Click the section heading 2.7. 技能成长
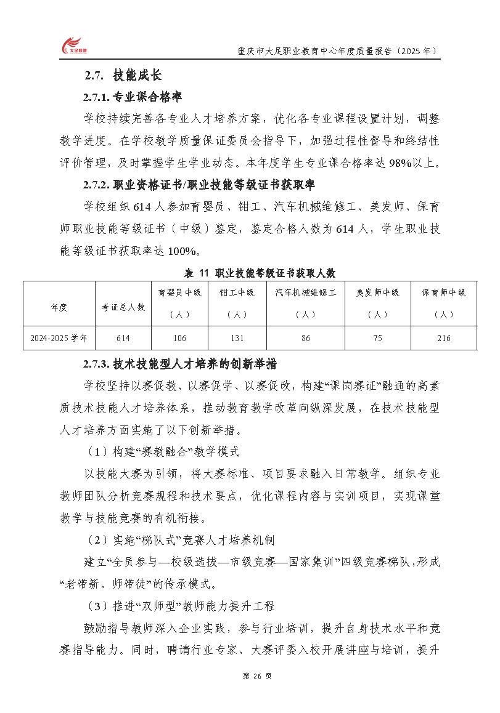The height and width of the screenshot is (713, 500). (x=123, y=76)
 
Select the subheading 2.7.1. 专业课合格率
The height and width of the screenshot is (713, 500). (x=132, y=97)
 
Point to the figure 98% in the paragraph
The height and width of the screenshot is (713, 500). (x=380, y=163)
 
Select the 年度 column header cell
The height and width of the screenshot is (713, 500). (x=59, y=307)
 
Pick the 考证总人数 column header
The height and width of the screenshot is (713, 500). (x=123, y=307)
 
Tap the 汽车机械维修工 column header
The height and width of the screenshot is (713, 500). (x=306, y=303)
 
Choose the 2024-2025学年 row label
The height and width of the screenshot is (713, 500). (x=59, y=338)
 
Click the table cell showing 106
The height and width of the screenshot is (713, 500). (x=180, y=338)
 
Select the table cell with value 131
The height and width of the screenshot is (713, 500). (x=237, y=338)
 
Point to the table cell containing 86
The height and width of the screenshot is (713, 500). (x=306, y=338)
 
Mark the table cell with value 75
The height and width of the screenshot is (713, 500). (x=378, y=338)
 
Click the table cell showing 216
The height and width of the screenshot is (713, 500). (x=443, y=338)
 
